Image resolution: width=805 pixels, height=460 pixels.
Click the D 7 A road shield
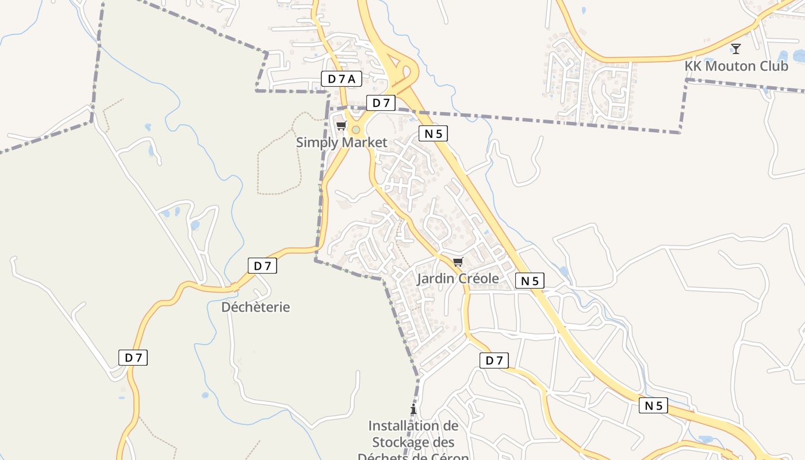click(342, 79)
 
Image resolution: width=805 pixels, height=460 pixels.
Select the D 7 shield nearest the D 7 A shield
click(381, 103)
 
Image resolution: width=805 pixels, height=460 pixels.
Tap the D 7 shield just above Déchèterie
click(262, 266)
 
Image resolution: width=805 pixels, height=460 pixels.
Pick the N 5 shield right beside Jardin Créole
click(530, 281)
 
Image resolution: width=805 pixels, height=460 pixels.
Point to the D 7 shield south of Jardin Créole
click(494, 361)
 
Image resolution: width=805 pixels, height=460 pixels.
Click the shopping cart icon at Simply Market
click(341, 125)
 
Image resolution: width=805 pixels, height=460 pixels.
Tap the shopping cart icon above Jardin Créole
click(458, 262)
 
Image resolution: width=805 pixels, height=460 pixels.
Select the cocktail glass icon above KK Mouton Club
click(735, 48)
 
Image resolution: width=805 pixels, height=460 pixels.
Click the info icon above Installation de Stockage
click(413, 409)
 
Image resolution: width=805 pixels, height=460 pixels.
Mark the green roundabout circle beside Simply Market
click(356, 130)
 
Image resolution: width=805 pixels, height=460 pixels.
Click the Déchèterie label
click(255, 307)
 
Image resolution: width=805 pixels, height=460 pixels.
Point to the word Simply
click(315, 142)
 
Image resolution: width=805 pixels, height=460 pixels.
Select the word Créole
click(477, 279)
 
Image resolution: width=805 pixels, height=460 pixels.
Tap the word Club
click(774, 66)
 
